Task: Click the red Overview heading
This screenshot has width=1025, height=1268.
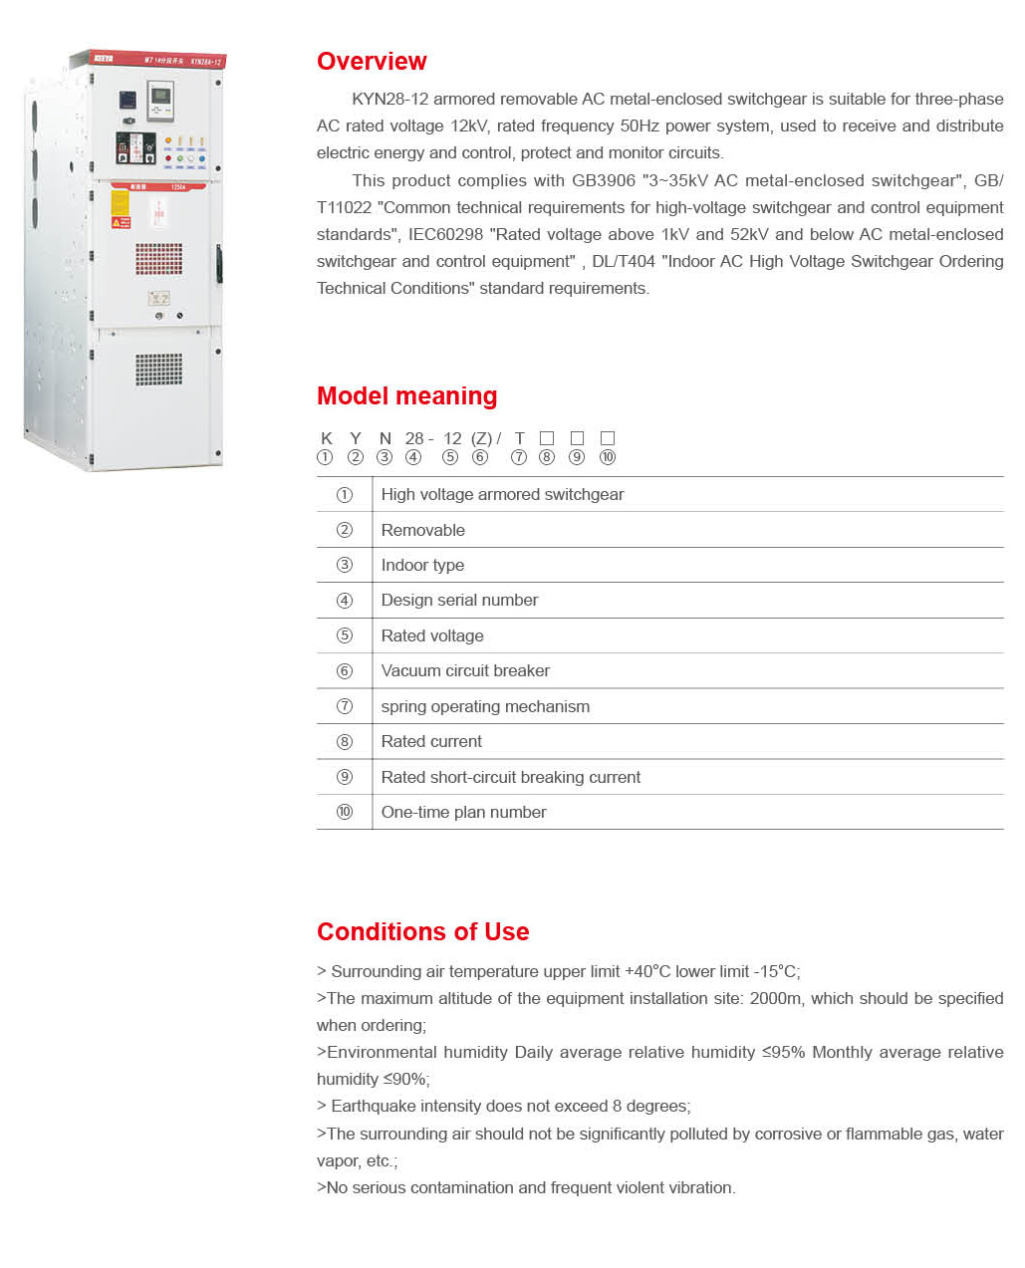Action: coord(372,62)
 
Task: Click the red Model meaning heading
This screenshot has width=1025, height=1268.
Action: coord(406,396)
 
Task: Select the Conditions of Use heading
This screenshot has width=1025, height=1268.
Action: coord(422,932)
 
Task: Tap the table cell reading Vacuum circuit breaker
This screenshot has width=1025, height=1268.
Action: coord(465,671)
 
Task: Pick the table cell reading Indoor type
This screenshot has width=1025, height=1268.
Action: coord(422,566)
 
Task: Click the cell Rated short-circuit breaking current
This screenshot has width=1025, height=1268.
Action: coord(510,777)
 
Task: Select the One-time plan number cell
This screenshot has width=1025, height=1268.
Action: coord(463,813)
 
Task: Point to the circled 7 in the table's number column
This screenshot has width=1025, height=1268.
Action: coord(345,706)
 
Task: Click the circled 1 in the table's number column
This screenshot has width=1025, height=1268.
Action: coord(345,495)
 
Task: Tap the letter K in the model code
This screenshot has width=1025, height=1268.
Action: coord(326,439)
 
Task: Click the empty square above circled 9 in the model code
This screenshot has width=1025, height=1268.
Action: coord(577,438)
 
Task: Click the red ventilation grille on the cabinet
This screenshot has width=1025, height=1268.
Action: coord(159,259)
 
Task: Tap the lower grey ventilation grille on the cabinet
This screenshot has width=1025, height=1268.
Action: coord(159,369)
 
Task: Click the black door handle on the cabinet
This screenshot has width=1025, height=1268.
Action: coord(218,264)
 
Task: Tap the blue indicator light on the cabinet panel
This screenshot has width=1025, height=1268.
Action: coord(202,158)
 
